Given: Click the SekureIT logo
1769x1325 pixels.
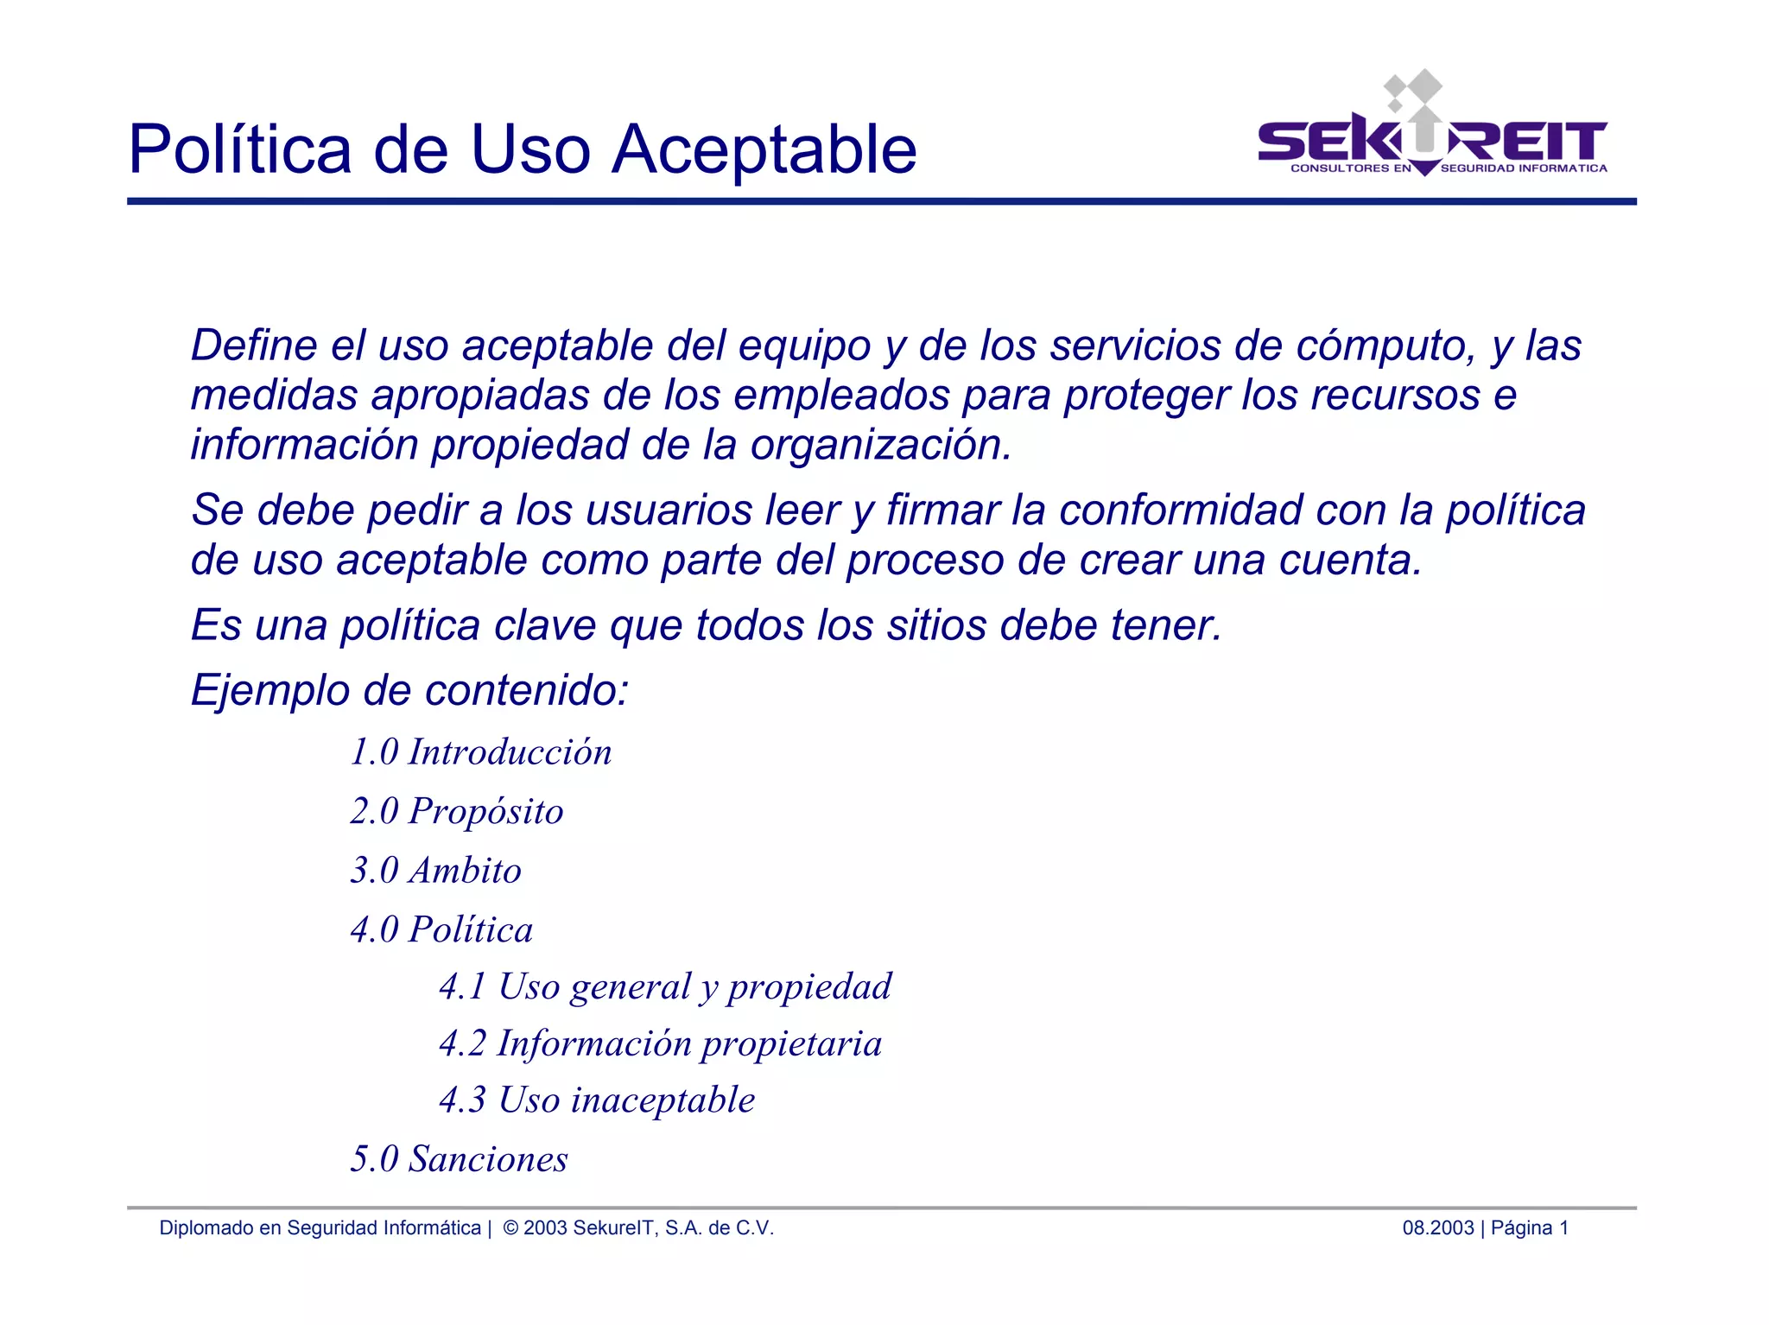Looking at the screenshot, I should [x=1432, y=130].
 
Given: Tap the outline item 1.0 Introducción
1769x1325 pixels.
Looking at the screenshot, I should [x=481, y=752].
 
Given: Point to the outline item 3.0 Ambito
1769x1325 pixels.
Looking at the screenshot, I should [x=436, y=871].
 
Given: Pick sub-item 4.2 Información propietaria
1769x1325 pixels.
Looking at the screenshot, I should [x=661, y=1044].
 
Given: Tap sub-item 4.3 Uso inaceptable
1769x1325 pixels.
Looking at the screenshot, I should [x=597, y=1100].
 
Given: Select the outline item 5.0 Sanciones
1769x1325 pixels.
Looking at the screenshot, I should [x=460, y=1159].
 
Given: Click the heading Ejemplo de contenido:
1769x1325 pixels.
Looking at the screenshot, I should [x=409, y=691].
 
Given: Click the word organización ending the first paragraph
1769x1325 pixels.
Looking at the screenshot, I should [x=880, y=446].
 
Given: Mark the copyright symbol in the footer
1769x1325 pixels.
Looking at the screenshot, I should [x=510, y=1228].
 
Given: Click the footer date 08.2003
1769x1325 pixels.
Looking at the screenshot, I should [x=1437, y=1228].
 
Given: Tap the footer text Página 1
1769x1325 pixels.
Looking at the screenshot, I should [x=1529, y=1228].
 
